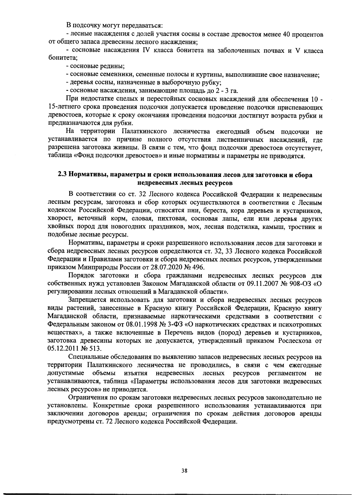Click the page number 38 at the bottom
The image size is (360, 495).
[x=184, y=471]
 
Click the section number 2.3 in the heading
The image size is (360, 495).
[x=62, y=175]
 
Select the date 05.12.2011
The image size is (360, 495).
[x=61, y=349]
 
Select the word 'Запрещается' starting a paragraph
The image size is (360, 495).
[x=87, y=300]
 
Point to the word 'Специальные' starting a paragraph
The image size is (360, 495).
[x=87, y=357]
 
